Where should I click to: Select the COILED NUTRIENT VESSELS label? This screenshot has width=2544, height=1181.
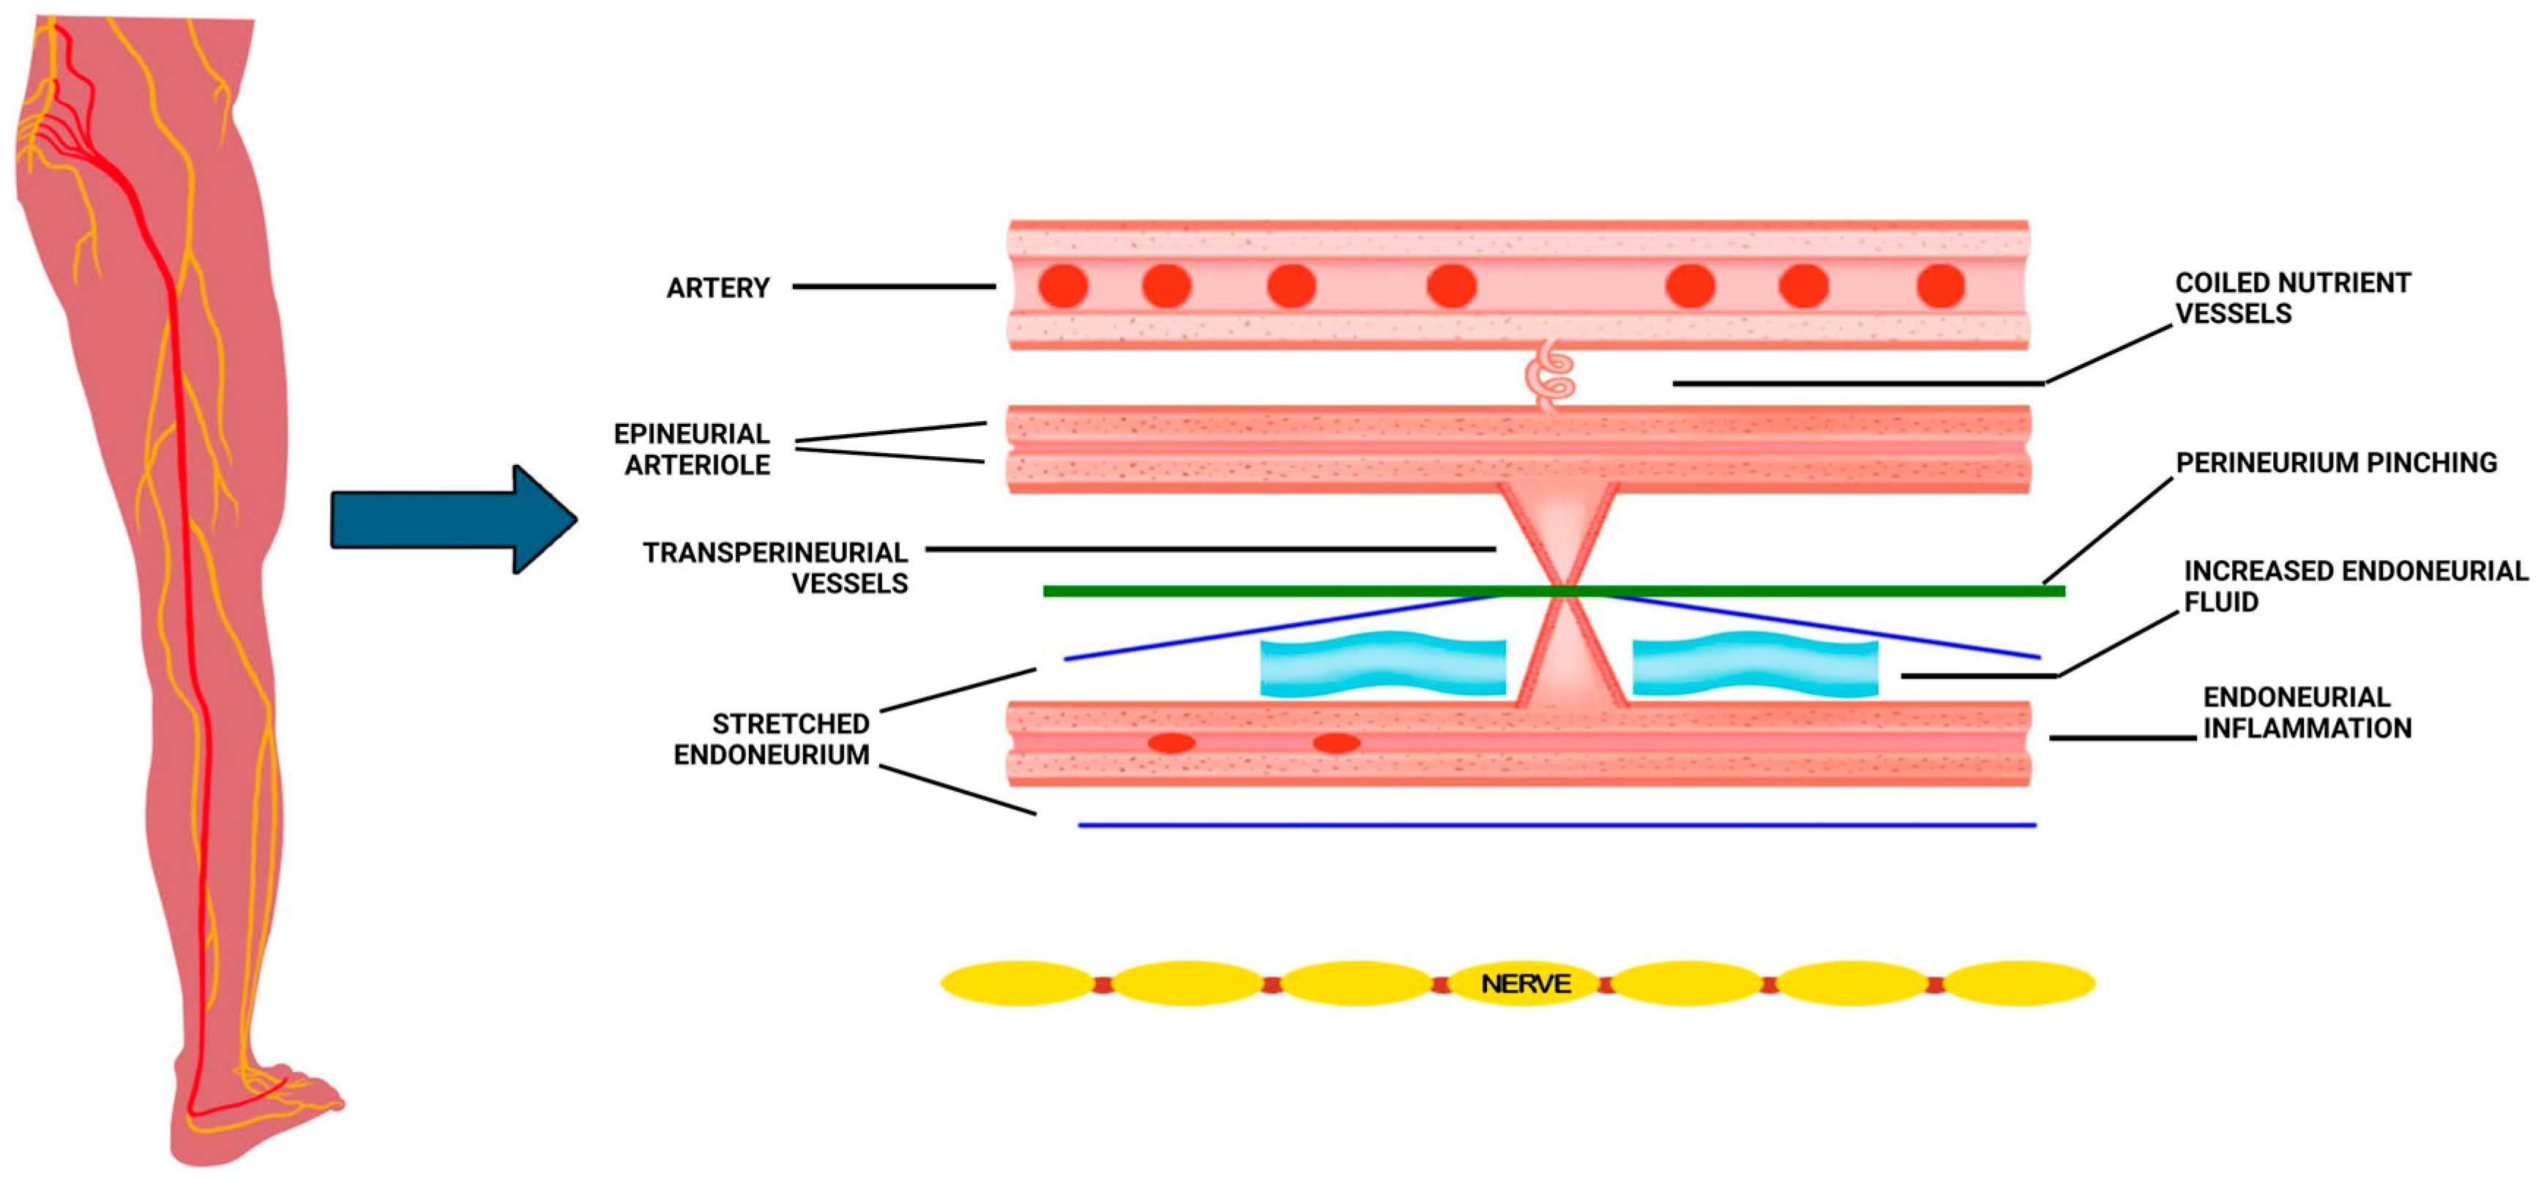[2291, 297]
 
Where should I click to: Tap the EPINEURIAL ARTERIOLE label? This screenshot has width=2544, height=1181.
[693, 450]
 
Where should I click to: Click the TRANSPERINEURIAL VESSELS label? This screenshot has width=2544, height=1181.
[776, 567]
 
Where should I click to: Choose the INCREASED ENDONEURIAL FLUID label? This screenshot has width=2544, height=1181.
[2354, 586]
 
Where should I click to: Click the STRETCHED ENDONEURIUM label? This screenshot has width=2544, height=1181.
[772, 739]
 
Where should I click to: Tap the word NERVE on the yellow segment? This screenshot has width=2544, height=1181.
[1525, 983]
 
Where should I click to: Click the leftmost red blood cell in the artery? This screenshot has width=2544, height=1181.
[1063, 286]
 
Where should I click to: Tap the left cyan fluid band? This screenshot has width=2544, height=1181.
[1383, 665]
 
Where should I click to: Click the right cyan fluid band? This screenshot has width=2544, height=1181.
[1755, 665]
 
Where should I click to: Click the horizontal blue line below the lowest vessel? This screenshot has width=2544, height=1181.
[1556, 824]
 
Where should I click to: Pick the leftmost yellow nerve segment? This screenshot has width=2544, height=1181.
[1017, 983]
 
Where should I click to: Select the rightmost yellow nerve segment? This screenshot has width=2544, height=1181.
[2020, 983]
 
